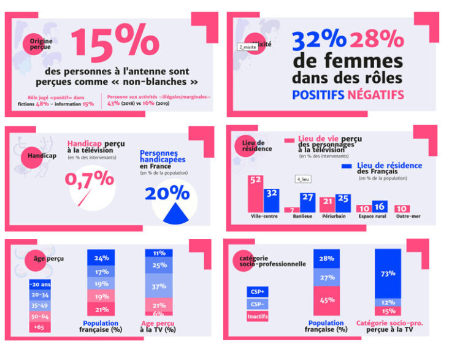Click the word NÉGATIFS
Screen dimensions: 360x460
[x=375, y=95]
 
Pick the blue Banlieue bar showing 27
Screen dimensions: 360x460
[x=307, y=202]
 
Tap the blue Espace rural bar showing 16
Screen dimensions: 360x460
[x=380, y=206]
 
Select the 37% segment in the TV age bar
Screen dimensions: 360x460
[x=159, y=286]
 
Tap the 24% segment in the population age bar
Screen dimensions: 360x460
[x=102, y=258]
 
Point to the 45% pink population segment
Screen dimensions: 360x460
[x=327, y=300]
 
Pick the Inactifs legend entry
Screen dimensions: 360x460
[x=257, y=316]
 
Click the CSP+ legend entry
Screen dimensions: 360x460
[x=257, y=292]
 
